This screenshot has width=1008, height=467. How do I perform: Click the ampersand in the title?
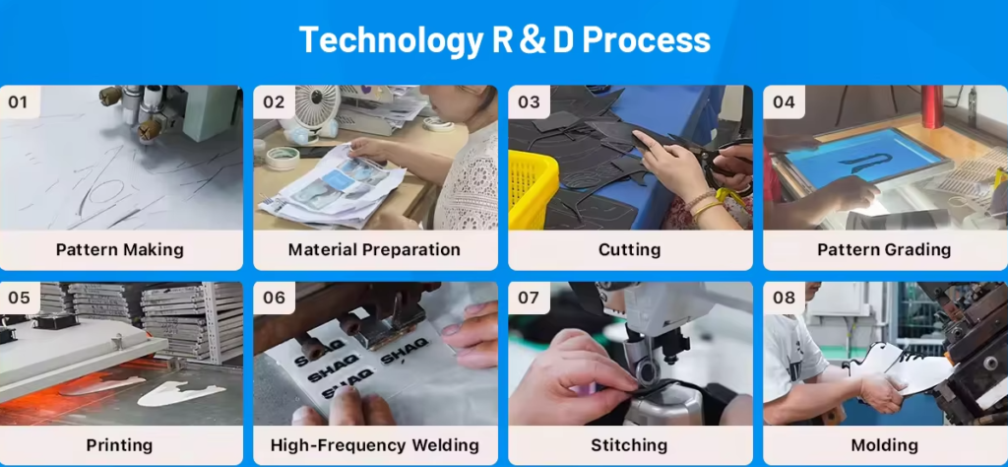point(533,39)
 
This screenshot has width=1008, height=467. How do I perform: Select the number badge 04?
point(784,101)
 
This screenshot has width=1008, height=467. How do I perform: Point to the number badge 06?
point(274,298)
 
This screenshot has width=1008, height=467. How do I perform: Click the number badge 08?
point(784,298)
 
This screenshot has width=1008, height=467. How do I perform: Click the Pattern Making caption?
point(120,249)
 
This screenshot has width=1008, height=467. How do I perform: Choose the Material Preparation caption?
point(374,249)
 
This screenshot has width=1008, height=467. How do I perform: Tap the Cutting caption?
point(629,249)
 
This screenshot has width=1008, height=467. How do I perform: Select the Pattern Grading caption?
point(884,249)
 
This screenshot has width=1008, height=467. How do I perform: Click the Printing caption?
point(119,445)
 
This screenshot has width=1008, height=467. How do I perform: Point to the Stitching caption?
point(629,445)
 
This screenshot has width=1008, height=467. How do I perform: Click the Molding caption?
point(884,445)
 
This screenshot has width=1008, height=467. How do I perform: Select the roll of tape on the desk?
point(283,159)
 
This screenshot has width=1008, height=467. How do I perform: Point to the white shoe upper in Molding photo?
point(900,368)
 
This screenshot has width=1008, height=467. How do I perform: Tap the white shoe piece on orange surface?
point(181,393)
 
